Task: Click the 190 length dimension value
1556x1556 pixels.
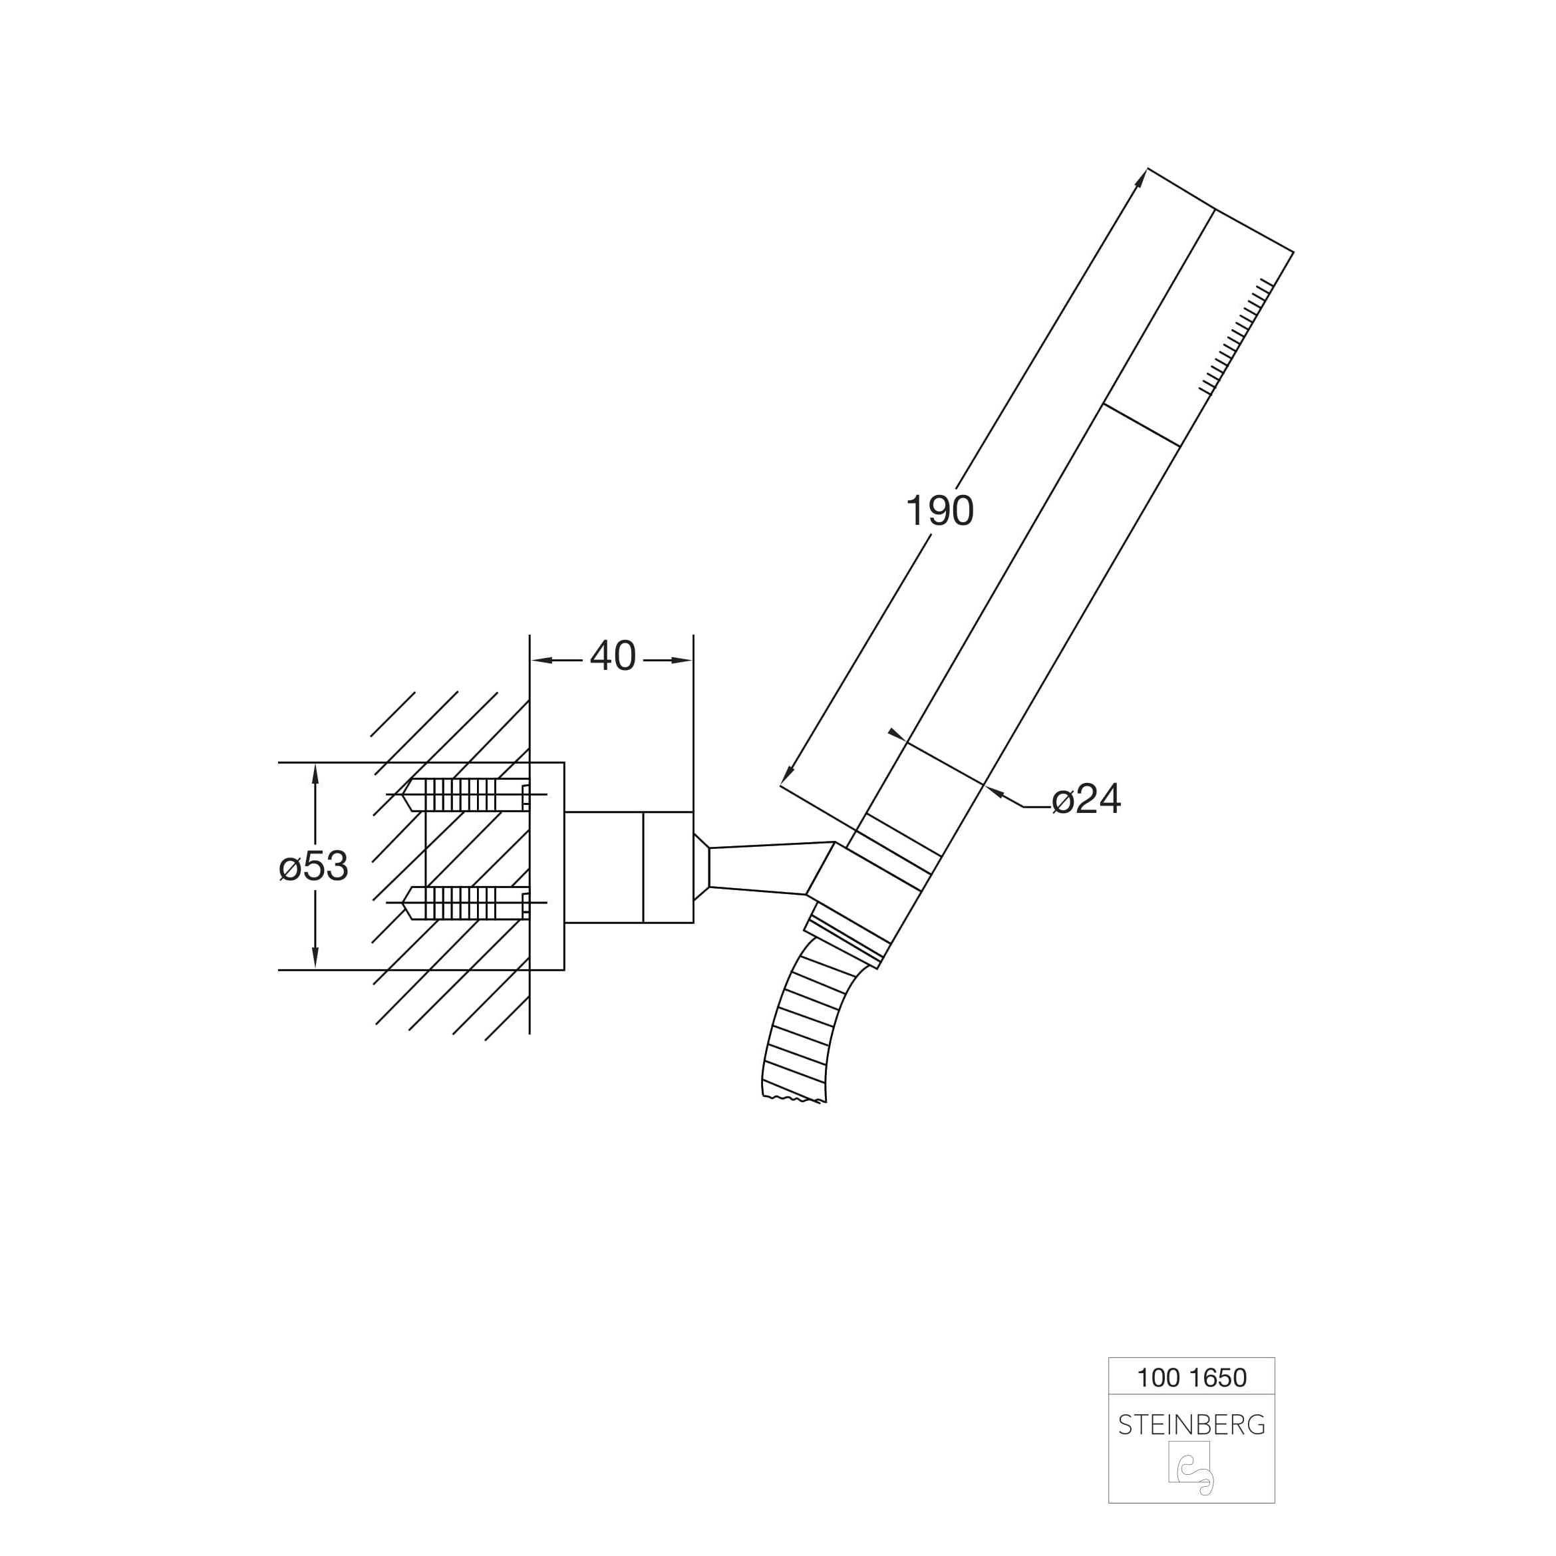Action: [940, 511]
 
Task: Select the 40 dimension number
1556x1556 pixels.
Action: [613, 657]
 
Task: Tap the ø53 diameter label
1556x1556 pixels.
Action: [313, 867]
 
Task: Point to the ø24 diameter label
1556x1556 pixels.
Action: [1086, 799]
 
